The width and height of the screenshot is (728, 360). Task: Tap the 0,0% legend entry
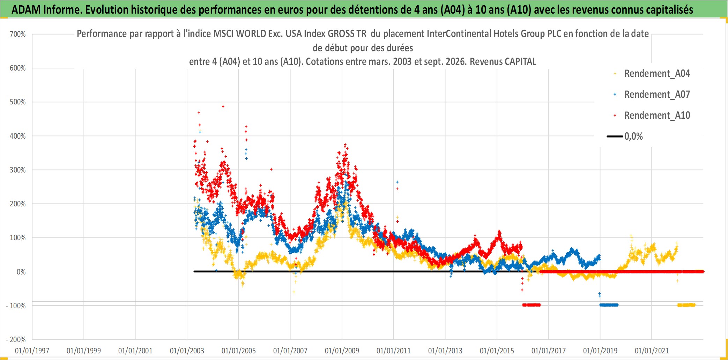coord(625,136)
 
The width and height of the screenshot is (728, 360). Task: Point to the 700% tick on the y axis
coord(18,34)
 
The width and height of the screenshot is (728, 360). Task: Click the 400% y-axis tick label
coord(18,136)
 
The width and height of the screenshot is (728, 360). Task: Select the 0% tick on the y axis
coord(21,272)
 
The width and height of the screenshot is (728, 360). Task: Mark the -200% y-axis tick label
coord(16,339)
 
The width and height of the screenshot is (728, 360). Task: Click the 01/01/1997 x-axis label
coord(32,351)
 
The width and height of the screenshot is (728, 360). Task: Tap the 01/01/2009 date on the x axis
coord(342,351)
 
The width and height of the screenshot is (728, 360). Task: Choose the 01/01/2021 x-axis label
coord(652,351)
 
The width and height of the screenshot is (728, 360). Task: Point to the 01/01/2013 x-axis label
coord(445,351)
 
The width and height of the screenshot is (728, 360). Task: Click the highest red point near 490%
coord(223,106)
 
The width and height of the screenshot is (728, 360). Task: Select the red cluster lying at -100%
coord(531,305)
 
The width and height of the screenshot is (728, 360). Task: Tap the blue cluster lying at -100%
coord(609,305)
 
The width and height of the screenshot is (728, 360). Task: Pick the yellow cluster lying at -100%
coord(686,305)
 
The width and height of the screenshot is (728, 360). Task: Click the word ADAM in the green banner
coord(26,10)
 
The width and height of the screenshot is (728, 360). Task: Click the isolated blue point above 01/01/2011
coord(397,182)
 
